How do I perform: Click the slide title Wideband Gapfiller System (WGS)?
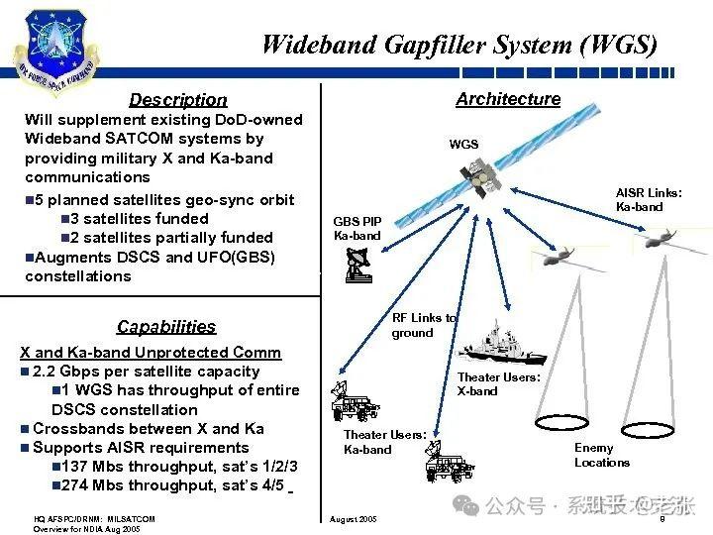[458, 45]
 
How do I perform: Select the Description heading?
[178, 99]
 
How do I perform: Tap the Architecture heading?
[508, 99]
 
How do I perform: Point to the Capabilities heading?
[166, 326]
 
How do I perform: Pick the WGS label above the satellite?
[463, 145]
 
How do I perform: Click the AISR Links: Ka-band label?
[649, 200]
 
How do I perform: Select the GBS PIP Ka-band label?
[357, 229]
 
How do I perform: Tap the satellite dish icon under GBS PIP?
[358, 265]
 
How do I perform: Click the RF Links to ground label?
[424, 325]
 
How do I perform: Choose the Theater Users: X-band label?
[498, 384]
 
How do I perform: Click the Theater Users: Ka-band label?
[384, 442]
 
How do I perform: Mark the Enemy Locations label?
[602, 455]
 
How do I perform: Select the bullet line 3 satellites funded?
[140, 218]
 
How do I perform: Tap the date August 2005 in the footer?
[353, 519]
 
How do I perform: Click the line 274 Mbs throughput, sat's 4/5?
[173, 485]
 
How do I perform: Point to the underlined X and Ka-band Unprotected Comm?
[151, 353]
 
